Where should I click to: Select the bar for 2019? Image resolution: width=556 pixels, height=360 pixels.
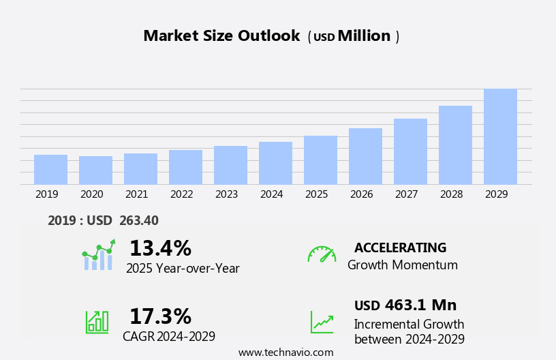[x=50, y=170]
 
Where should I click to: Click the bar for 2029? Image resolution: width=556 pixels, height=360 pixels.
[x=500, y=136]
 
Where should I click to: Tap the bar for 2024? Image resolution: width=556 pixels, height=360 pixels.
[x=275, y=163]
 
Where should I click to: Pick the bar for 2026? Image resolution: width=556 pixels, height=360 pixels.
[x=365, y=156]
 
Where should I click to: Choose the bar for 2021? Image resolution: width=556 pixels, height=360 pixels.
[x=140, y=169]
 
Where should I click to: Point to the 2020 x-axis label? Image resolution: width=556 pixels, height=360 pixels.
[x=91, y=194]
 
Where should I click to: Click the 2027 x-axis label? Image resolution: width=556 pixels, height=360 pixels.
[x=406, y=194]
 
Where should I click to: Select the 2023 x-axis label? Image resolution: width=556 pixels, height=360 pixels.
[x=226, y=194]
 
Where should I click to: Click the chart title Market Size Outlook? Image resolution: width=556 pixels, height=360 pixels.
[x=221, y=36]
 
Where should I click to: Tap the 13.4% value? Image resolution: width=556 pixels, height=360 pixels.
[x=160, y=248]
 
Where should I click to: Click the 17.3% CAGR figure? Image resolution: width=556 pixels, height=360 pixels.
[x=160, y=316]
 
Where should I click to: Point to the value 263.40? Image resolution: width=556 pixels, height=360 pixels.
[x=138, y=220]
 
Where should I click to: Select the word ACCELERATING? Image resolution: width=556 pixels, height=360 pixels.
[x=400, y=247]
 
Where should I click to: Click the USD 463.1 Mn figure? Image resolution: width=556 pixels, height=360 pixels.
[x=405, y=305]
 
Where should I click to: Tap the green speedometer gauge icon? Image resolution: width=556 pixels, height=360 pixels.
[x=322, y=254]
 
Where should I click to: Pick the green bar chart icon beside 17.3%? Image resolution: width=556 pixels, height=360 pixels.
[x=97, y=322]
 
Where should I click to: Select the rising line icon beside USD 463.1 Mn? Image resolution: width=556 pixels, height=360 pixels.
[x=322, y=322]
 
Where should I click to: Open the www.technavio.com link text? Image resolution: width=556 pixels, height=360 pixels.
[x=285, y=352]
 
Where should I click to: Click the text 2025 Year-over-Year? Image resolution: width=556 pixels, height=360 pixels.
[x=183, y=269]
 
